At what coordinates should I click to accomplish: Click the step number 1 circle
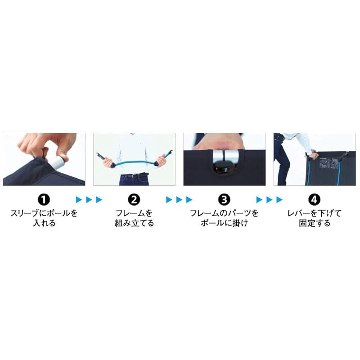tap(44, 199)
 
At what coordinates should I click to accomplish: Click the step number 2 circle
tap(134, 199)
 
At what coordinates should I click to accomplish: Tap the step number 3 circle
tap(224, 199)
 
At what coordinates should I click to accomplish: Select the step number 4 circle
tap(314, 199)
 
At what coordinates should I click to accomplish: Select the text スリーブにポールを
tap(44, 213)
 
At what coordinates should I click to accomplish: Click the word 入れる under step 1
tap(44, 223)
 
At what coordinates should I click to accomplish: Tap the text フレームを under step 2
tap(134, 213)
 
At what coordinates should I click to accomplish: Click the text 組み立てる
tap(134, 223)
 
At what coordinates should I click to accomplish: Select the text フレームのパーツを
tap(224, 213)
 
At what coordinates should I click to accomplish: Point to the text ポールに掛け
tap(224, 223)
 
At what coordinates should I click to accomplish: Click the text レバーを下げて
tap(314, 213)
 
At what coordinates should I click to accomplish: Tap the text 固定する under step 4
tap(314, 223)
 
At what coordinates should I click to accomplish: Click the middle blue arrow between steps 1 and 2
tap(89, 199)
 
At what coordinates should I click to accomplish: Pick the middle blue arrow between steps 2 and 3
tap(179, 199)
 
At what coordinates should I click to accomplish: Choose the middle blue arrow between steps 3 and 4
tap(269, 199)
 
